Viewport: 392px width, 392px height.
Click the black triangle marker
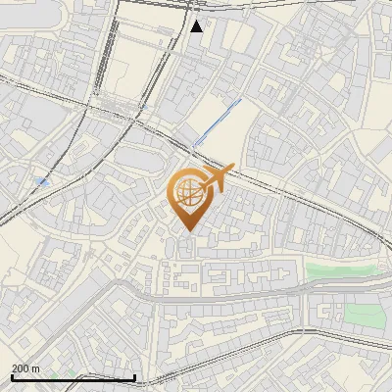click(197, 25)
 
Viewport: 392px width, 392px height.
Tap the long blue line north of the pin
click(217, 122)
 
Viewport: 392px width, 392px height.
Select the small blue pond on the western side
click(42, 182)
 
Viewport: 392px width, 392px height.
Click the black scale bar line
click(73, 378)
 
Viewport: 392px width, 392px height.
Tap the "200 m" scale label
click(26, 367)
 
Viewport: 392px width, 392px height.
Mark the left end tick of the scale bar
click(12, 376)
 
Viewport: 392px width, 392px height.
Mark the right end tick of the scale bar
click(134, 376)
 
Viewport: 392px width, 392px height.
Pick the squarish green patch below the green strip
click(363, 315)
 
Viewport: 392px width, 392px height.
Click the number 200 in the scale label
click(21, 367)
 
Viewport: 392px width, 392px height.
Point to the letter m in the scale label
click(36, 367)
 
